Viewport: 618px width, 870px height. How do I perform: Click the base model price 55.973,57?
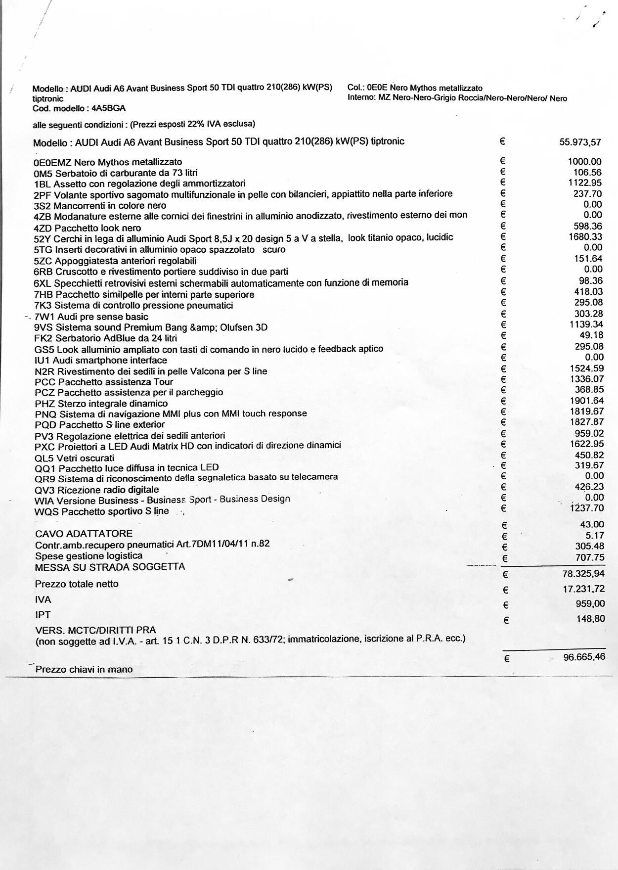pos(580,142)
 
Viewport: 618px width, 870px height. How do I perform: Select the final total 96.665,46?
pos(584,657)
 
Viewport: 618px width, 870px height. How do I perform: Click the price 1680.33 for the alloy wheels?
pos(585,237)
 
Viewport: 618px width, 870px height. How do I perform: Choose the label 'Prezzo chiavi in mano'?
pos(84,670)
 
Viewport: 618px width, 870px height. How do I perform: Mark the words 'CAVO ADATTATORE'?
pos(84,534)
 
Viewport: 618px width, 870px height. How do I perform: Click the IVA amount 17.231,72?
pos(583,589)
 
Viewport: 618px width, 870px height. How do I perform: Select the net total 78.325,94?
pos(583,574)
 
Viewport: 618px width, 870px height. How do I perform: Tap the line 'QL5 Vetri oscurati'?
pos(74,458)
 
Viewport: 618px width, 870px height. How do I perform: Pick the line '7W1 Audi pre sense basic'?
pos(91,317)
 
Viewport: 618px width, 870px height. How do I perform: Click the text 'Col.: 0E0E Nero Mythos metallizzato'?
pos(415,88)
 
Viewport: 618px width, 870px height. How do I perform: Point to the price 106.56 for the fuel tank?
pos(587,173)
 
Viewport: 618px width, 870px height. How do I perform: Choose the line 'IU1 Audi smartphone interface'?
pos(101,361)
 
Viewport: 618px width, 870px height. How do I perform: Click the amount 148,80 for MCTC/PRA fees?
pos(590,619)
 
